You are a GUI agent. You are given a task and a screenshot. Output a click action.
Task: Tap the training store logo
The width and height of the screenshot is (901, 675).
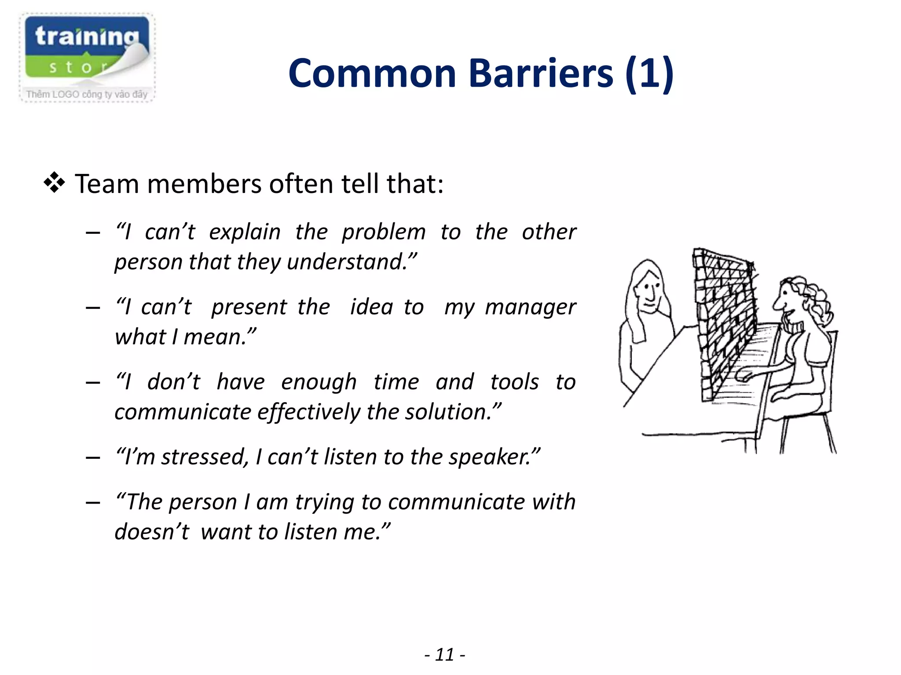(87, 57)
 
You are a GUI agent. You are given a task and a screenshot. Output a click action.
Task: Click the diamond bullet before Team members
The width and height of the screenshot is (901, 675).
(54, 183)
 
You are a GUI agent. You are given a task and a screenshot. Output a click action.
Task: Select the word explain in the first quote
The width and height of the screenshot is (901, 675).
(245, 232)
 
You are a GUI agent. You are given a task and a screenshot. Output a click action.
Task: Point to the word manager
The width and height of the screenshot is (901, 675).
(530, 307)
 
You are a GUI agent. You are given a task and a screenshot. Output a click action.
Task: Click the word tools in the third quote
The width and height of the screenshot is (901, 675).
(514, 382)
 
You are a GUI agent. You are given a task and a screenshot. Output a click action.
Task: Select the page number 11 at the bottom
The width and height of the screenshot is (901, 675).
(445, 655)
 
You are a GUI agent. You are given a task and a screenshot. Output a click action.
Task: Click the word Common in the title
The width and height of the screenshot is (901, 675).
(372, 73)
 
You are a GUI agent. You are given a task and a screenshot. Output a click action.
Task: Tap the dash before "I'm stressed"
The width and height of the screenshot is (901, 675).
(93, 457)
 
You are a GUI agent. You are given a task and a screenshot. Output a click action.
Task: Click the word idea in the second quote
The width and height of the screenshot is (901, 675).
(371, 307)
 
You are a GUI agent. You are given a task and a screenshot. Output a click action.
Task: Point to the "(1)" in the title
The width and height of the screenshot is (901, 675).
(649, 73)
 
